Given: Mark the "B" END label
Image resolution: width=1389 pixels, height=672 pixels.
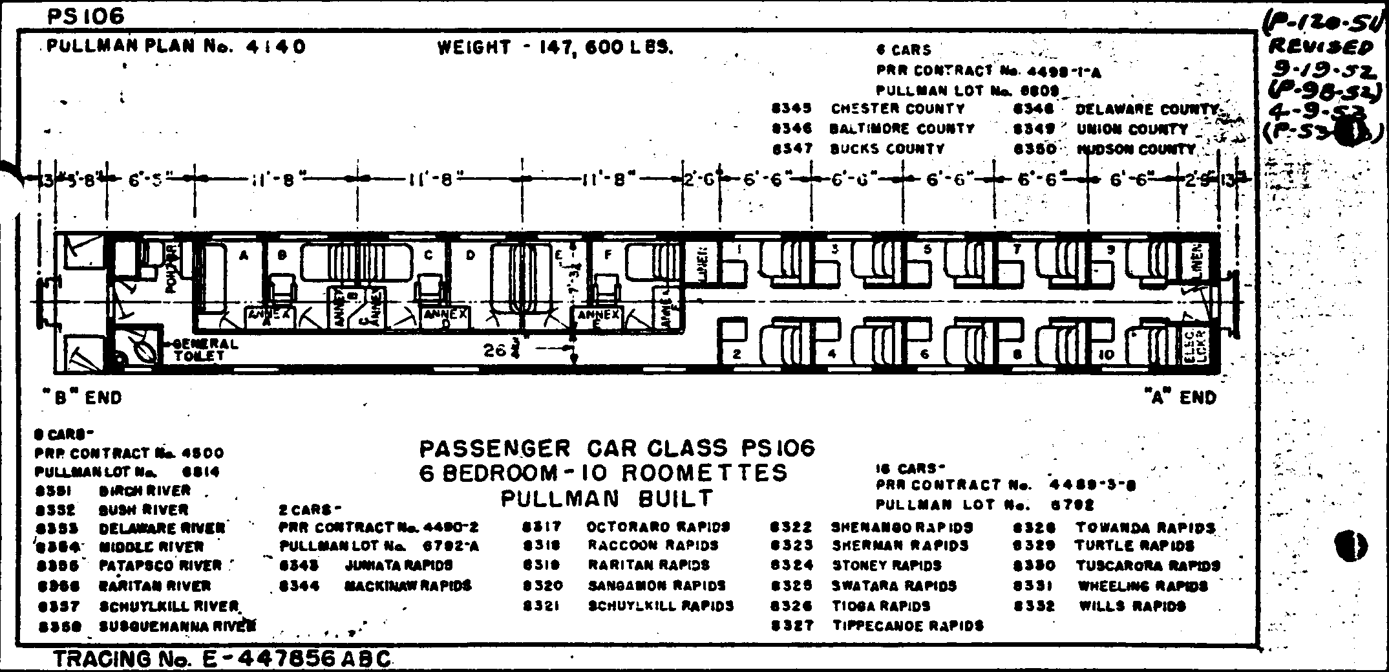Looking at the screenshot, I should (82, 397).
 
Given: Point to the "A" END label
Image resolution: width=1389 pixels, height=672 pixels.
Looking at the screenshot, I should (1179, 397).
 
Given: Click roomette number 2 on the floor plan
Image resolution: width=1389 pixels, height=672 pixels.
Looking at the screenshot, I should (736, 354).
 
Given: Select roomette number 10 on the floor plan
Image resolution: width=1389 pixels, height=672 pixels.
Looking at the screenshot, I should (1106, 354).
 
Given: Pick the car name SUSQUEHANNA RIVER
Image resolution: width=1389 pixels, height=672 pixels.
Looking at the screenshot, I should (177, 626).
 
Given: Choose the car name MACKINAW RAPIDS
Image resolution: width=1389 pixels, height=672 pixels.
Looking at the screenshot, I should (407, 586).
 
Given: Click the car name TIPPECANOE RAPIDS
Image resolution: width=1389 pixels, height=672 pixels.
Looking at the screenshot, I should (907, 625).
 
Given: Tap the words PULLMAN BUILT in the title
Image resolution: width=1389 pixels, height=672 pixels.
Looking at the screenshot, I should (607, 498).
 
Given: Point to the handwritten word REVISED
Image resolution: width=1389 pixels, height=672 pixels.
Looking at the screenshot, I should (1320, 47).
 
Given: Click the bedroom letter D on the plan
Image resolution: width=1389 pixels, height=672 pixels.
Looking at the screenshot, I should (470, 255).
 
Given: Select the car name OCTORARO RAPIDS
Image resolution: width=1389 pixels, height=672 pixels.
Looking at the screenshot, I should (658, 526).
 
